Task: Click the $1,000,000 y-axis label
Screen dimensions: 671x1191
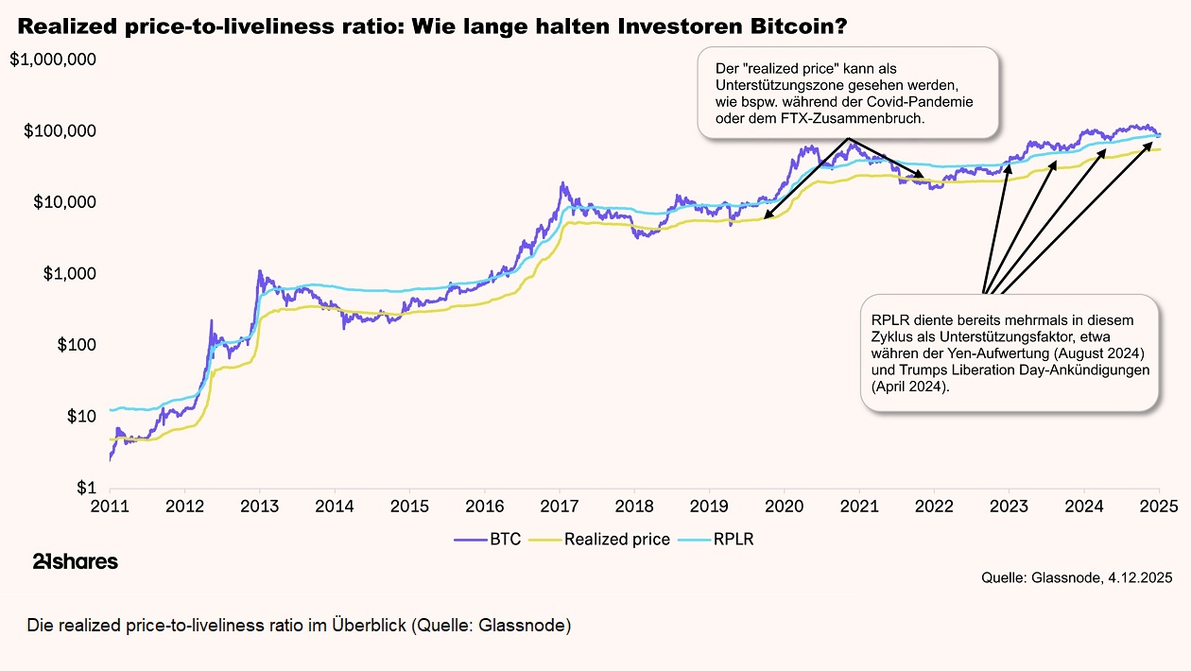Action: click(x=53, y=60)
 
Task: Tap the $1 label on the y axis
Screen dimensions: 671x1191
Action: click(x=87, y=488)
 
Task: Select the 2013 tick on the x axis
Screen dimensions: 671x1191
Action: click(x=260, y=506)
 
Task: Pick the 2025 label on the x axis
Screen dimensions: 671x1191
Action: click(x=1159, y=506)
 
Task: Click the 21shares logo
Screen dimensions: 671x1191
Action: click(x=76, y=562)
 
